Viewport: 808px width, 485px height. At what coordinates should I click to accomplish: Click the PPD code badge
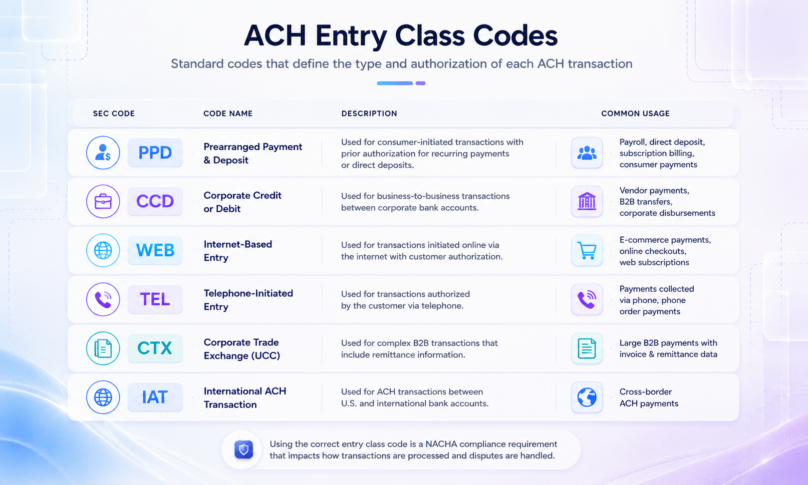(155, 152)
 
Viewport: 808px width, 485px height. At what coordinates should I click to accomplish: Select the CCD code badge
(155, 201)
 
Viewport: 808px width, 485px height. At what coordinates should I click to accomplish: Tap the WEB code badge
(155, 250)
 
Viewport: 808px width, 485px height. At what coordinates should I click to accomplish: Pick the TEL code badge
(155, 299)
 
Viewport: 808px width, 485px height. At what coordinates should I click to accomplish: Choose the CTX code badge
(155, 348)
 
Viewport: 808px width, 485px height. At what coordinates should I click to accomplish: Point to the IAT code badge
(155, 397)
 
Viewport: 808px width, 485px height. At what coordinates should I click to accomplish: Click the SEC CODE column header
(114, 113)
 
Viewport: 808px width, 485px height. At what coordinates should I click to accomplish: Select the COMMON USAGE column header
(635, 113)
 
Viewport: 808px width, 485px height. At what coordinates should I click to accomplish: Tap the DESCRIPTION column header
(369, 113)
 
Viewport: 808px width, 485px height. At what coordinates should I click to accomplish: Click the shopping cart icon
(587, 250)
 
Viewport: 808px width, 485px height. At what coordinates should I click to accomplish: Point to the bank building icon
(587, 201)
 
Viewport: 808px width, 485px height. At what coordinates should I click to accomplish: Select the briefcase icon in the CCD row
(103, 201)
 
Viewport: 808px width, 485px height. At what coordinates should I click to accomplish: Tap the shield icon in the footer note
(244, 449)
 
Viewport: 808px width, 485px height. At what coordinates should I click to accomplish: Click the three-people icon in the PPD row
(587, 153)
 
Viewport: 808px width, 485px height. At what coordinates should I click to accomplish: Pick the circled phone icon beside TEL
(103, 299)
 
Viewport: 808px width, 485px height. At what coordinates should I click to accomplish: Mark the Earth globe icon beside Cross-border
(587, 397)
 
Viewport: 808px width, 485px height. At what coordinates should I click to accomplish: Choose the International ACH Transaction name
(245, 398)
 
